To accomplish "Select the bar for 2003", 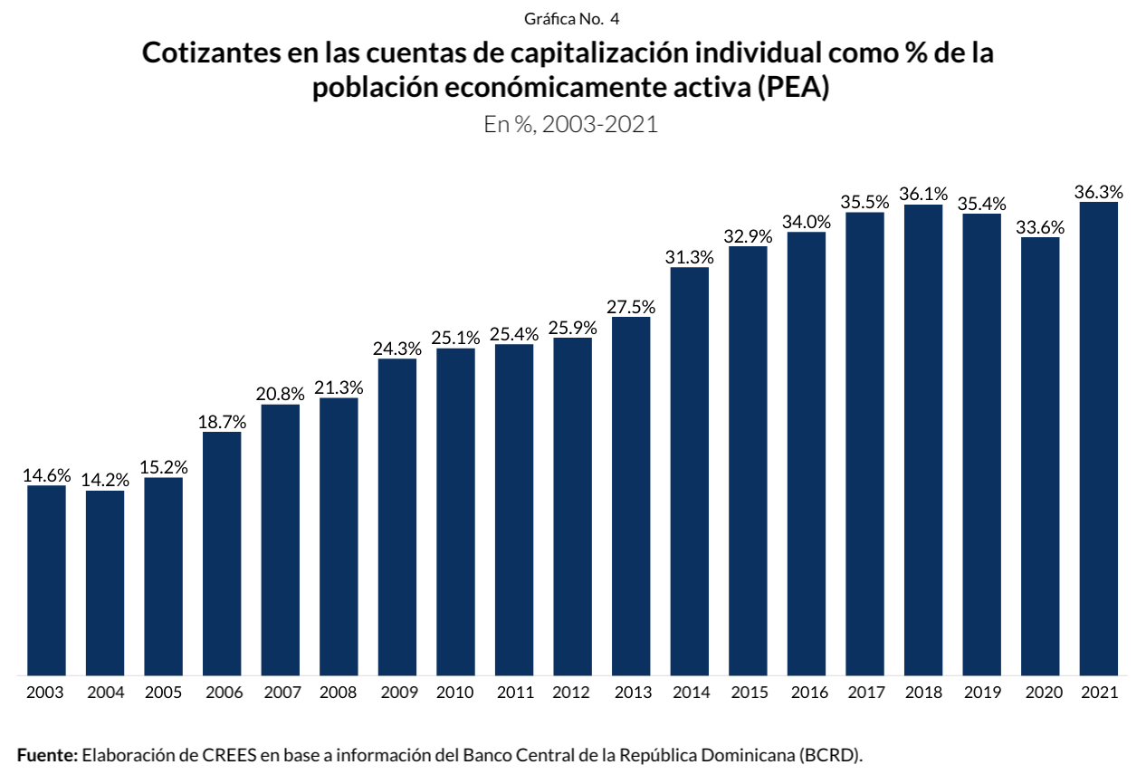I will pyautogui.click(x=46, y=580).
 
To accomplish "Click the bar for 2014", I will pyautogui.click(x=690, y=471).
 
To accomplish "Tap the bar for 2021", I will pyautogui.click(x=1099, y=438).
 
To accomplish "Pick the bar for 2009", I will pyautogui.click(x=397, y=517).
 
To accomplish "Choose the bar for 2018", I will pyautogui.click(x=923, y=440).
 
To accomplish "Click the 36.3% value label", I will pyautogui.click(x=1099, y=192).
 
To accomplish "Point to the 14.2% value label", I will pyautogui.click(x=105, y=481).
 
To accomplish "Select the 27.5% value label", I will pyautogui.click(x=631, y=307).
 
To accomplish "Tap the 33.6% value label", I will pyautogui.click(x=1040, y=228).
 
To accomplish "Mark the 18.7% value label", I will pyautogui.click(x=222, y=422).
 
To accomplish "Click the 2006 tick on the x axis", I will pyautogui.click(x=222, y=693).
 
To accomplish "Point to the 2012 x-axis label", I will pyautogui.click(x=572, y=693).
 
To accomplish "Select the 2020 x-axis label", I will pyautogui.click(x=1040, y=693).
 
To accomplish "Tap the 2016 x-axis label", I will pyautogui.click(x=807, y=693).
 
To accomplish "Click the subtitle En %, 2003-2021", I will pyautogui.click(x=571, y=125).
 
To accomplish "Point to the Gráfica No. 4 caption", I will pyautogui.click(x=571, y=18).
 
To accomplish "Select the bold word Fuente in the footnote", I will pyautogui.click(x=47, y=755).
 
